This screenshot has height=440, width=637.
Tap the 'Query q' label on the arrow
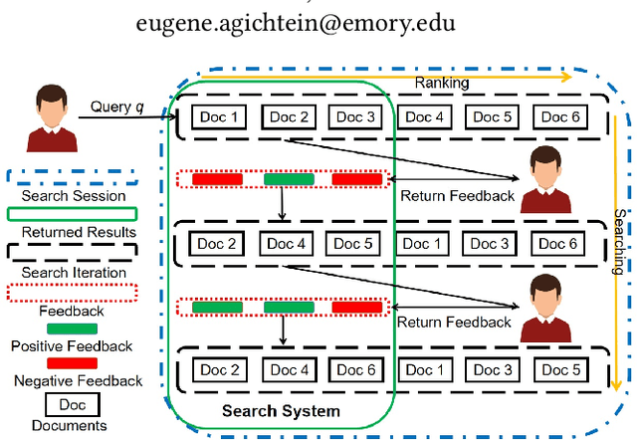[117, 107]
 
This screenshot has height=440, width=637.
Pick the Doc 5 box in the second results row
[354, 244]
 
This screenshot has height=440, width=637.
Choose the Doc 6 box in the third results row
[354, 370]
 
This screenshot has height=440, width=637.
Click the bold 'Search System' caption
[281, 411]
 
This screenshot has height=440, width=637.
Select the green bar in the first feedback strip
[289, 179]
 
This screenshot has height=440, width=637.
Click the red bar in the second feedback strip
[356, 307]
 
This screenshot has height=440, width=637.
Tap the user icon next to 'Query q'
[45, 117]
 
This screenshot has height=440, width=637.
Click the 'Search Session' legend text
[73, 195]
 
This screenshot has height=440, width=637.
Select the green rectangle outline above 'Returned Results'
[73, 213]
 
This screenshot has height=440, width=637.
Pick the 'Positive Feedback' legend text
[73, 345]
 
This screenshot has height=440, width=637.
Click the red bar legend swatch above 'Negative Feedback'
[73, 362]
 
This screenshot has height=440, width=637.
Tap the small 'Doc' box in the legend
[73, 406]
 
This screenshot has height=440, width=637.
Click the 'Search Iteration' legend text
[73, 272]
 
